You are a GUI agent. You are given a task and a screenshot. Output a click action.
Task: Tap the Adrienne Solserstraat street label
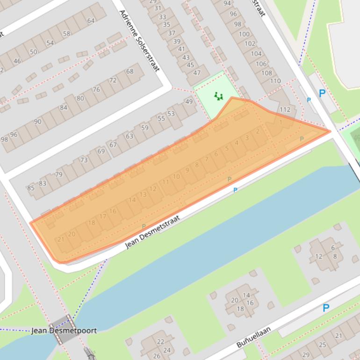(x=139, y=41)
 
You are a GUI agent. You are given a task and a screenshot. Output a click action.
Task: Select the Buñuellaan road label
(x=253, y=337)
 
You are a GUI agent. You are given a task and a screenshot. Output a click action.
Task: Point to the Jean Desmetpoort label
(x=64, y=331)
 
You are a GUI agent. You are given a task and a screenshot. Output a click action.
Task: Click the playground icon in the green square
(x=218, y=96)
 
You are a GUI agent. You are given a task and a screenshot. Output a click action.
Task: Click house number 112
(x=285, y=110)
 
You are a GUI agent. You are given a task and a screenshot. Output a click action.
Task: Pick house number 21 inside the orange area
(x=61, y=239)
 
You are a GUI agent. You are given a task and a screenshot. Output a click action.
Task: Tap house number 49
(x=189, y=101)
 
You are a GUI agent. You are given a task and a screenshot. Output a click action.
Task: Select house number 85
(x=31, y=188)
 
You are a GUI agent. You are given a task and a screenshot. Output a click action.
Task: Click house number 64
(x=91, y=21)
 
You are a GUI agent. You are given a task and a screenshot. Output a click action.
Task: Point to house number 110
(x=275, y=81)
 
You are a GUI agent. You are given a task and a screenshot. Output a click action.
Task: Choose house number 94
(x=227, y=3)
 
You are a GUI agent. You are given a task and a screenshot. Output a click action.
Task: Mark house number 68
(x=130, y=71)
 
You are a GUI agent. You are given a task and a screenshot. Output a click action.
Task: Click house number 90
(x=37, y=122)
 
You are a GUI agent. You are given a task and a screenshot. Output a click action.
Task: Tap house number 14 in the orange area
(x=132, y=200)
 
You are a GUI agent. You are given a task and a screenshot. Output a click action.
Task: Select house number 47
(x=197, y=72)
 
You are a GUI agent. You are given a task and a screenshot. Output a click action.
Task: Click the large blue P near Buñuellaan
(x=326, y=308)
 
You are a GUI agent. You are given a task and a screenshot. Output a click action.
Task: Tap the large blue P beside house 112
(x=322, y=94)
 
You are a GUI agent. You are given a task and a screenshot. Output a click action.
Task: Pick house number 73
(x=84, y=160)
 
